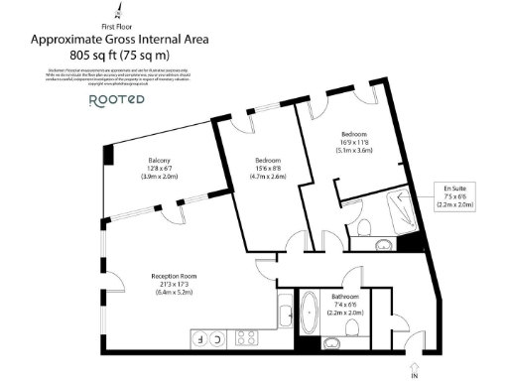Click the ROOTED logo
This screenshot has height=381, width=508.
116,100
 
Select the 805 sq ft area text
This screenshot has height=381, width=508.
118,55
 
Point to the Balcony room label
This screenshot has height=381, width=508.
160,161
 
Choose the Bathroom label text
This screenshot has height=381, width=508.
346,298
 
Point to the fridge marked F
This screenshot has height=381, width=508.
200,339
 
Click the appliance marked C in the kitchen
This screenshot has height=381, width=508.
218,339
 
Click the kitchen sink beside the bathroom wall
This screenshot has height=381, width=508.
284,317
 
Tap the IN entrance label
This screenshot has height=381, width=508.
414,375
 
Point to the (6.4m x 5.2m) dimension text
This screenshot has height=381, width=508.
150,293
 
